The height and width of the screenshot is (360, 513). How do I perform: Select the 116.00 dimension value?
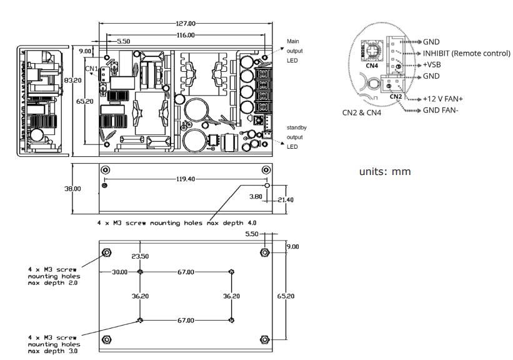tap(186, 36)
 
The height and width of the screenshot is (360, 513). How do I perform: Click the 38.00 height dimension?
tap(74, 188)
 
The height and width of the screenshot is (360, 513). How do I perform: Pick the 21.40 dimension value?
tap(285, 200)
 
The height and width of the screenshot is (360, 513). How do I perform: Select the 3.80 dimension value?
tap(256, 196)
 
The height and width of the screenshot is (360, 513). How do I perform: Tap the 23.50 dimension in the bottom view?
tap(140, 256)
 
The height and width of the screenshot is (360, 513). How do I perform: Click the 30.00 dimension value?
tap(119, 272)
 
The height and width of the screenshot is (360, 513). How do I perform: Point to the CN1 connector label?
tap(91, 69)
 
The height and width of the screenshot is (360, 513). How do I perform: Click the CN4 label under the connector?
tap(371, 65)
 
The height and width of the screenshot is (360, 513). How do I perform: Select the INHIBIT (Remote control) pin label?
tap(466, 53)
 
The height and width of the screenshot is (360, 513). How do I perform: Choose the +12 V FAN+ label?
tap(446, 99)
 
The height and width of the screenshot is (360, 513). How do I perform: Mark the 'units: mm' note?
tap(385, 171)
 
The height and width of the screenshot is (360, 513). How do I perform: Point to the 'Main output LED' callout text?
tap(294, 51)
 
